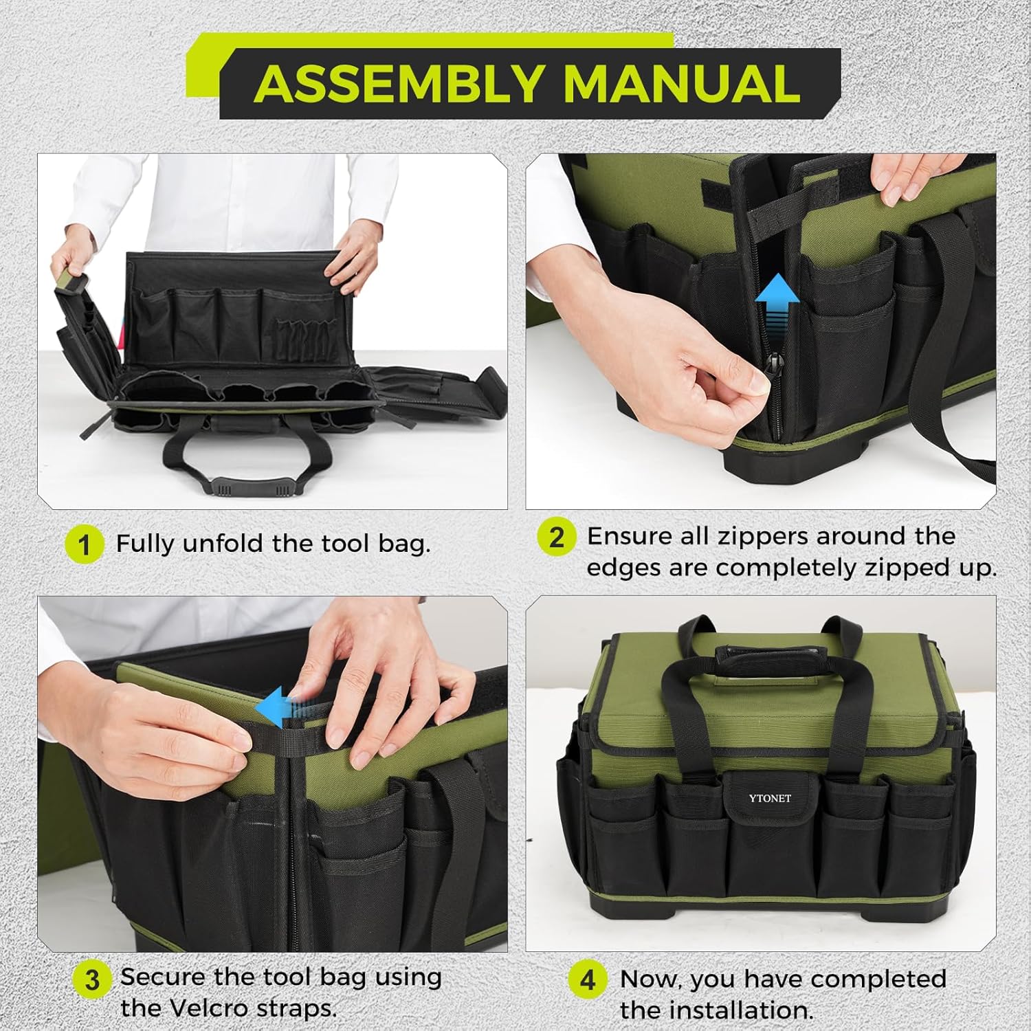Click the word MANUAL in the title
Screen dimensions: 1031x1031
(x=680, y=84)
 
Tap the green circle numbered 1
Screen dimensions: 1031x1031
(x=84, y=544)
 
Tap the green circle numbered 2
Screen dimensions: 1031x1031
(x=556, y=537)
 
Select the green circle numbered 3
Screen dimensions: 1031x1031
(x=91, y=980)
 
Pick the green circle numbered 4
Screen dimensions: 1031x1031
(x=588, y=979)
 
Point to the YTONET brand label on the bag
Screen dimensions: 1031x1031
(x=770, y=799)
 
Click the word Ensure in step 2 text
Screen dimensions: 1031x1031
(x=629, y=536)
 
